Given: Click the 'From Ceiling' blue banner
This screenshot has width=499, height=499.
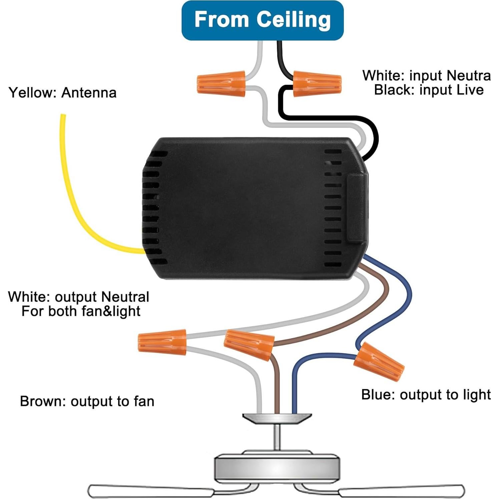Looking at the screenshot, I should [262, 20].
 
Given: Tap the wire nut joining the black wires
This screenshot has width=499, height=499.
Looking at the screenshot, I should [317, 84].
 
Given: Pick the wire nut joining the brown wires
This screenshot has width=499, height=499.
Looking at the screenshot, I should [249, 344].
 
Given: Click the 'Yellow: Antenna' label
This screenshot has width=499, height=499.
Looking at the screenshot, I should [62, 93].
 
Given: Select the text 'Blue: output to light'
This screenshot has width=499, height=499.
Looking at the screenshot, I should [426, 395].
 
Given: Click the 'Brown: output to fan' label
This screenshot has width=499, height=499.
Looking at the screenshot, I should [87, 401].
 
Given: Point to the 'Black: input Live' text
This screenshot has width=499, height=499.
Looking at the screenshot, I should [429, 90].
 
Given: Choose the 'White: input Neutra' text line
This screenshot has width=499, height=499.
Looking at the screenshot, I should [426, 75].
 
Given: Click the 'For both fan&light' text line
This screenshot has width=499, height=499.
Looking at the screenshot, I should [81, 311].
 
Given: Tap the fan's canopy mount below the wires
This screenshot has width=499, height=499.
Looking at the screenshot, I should [277, 418].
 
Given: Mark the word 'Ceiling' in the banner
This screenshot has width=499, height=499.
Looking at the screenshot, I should [294, 20].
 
